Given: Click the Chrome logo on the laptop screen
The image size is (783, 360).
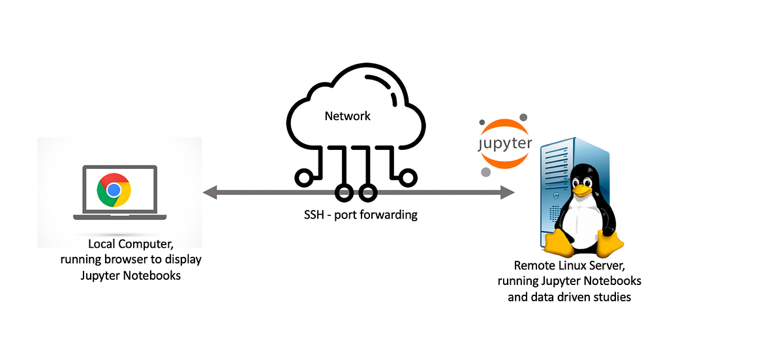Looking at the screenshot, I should pos(114,190).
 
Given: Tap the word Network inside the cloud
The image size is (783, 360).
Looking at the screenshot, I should pos(347,116).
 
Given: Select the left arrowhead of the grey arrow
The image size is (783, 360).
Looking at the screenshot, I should pos(209,192).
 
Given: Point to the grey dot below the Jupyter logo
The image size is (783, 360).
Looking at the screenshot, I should pos(485,172).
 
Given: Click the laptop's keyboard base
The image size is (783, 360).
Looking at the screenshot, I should pos(119,217).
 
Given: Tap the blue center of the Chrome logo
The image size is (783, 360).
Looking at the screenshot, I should pos(114,190).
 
